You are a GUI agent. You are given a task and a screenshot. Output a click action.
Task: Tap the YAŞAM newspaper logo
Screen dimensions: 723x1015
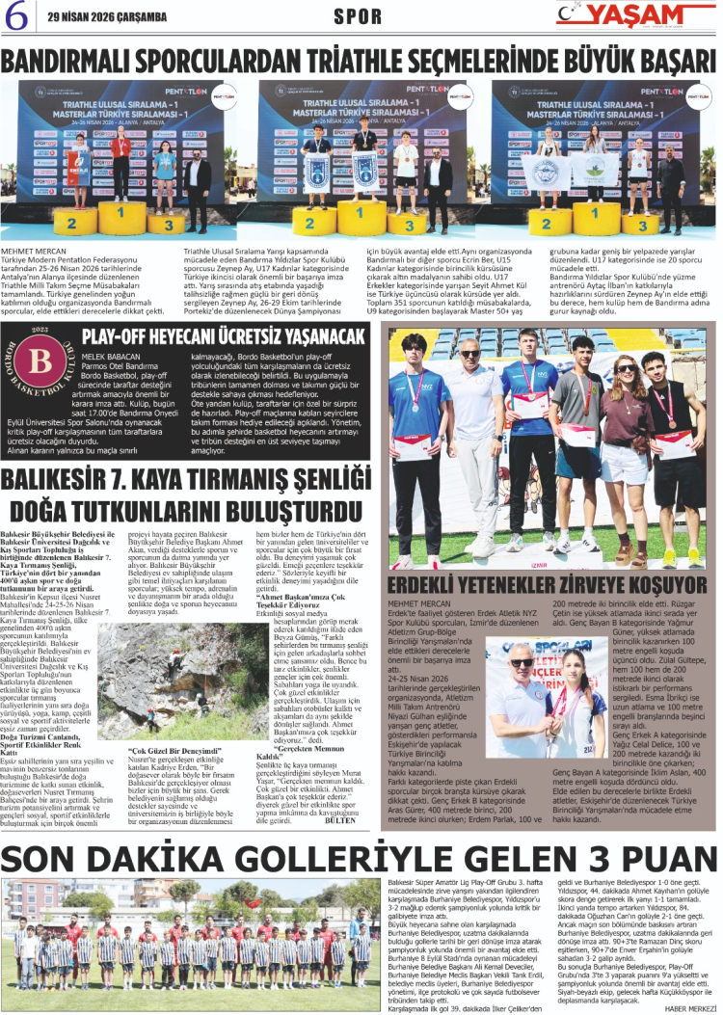coord(633,15)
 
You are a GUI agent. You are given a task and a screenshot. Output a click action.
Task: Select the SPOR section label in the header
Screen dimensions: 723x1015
coord(358,16)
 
